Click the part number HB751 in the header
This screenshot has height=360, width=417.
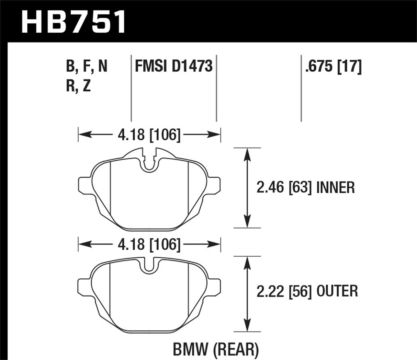(x=73, y=21)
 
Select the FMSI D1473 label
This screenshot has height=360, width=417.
(x=173, y=66)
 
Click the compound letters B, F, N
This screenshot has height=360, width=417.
(x=86, y=66)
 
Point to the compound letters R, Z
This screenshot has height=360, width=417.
(x=78, y=86)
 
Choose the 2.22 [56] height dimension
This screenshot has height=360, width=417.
(x=283, y=291)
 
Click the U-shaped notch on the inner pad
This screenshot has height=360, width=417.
(x=149, y=163)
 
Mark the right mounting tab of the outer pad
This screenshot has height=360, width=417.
(x=214, y=286)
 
